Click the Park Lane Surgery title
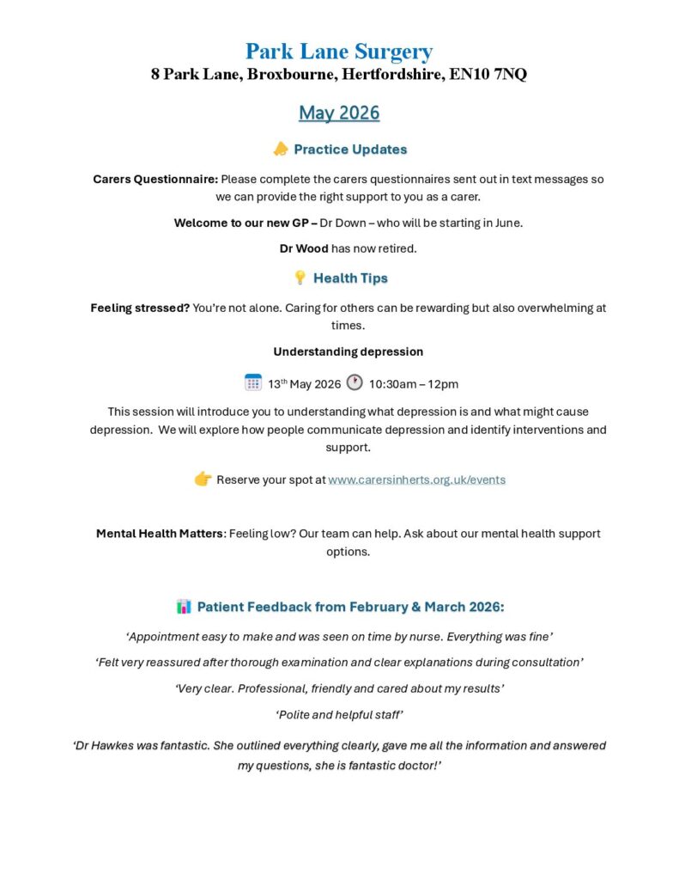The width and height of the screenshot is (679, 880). click(x=339, y=52)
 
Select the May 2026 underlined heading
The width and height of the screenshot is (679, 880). click(x=339, y=113)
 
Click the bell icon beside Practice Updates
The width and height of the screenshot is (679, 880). click(x=280, y=150)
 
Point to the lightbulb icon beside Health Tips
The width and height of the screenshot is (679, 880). click(x=300, y=278)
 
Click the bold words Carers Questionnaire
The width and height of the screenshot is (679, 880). click(x=155, y=180)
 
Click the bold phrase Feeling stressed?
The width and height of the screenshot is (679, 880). click(x=140, y=308)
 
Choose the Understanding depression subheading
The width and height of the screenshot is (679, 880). click(x=348, y=351)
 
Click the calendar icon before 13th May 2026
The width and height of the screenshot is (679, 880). click(x=253, y=382)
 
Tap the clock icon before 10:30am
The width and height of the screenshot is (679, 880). click(x=355, y=382)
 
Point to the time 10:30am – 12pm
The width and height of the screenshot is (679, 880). click(x=414, y=384)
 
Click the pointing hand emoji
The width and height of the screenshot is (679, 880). click(x=203, y=479)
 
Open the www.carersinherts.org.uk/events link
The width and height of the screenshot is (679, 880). click(x=416, y=480)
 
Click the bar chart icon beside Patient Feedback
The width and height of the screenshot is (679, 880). click(x=184, y=607)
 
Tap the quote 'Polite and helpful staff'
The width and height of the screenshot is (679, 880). click(x=339, y=715)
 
